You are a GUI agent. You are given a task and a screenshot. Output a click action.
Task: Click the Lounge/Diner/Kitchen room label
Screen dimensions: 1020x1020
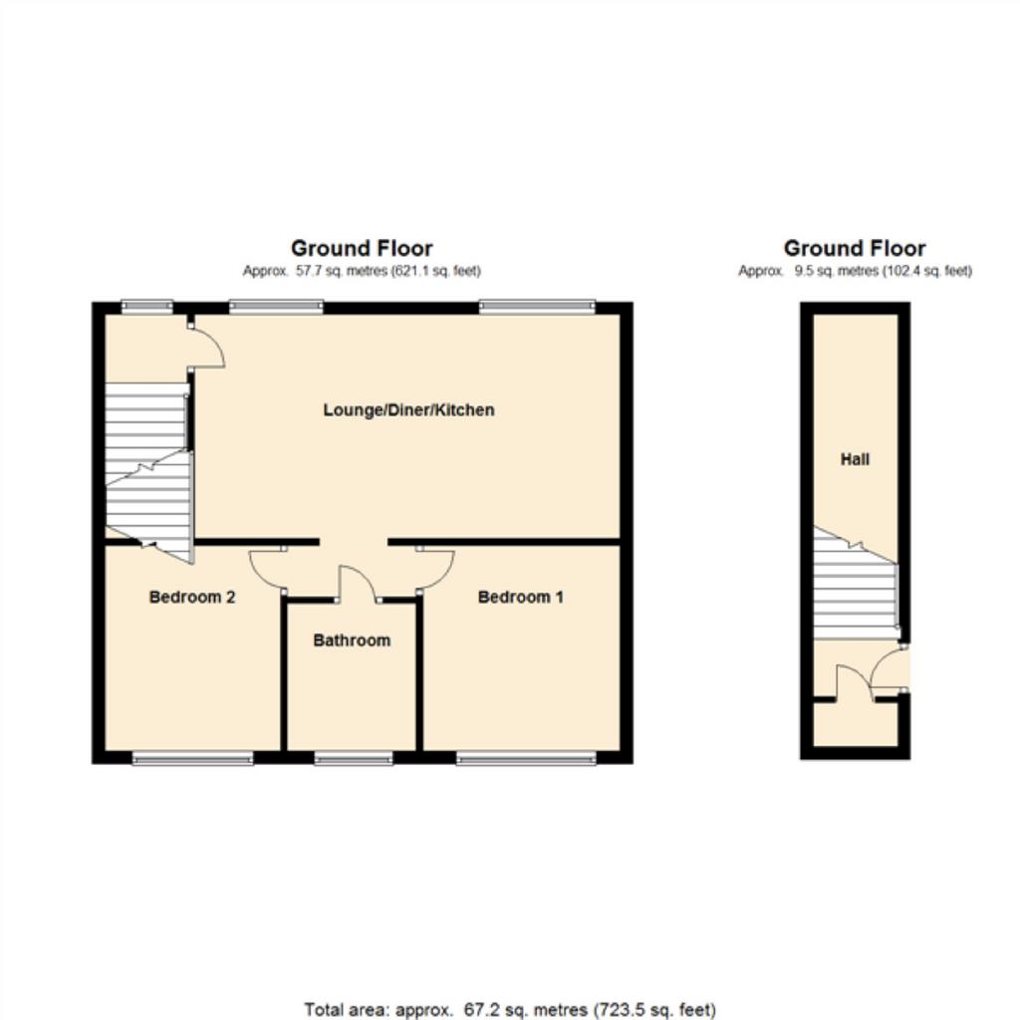click(408, 410)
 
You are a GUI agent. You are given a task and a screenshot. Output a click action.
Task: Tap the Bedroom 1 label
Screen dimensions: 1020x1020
click(520, 598)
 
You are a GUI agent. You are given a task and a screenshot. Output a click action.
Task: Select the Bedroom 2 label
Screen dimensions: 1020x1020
click(192, 598)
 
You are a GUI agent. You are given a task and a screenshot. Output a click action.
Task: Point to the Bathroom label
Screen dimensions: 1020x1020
click(352, 640)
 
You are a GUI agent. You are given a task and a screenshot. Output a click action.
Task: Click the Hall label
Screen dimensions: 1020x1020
click(855, 459)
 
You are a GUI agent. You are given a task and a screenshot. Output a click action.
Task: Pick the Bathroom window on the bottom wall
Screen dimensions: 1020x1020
click(354, 758)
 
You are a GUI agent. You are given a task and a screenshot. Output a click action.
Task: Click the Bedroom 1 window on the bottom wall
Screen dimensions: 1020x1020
click(526, 758)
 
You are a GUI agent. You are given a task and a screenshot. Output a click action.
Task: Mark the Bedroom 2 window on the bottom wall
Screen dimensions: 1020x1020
click(192, 758)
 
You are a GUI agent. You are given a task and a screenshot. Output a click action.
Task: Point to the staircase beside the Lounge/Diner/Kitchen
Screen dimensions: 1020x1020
click(149, 471)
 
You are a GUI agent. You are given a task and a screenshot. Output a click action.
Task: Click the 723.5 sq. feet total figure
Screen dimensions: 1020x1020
click(653, 1010)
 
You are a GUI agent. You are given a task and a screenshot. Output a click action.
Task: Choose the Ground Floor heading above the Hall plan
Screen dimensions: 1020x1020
click(855, 248)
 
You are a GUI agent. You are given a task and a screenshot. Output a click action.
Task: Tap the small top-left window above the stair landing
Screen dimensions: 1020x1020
click(147, 307)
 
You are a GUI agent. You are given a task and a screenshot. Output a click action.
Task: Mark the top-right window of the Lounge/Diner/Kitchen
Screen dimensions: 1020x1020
click(537, 307)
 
